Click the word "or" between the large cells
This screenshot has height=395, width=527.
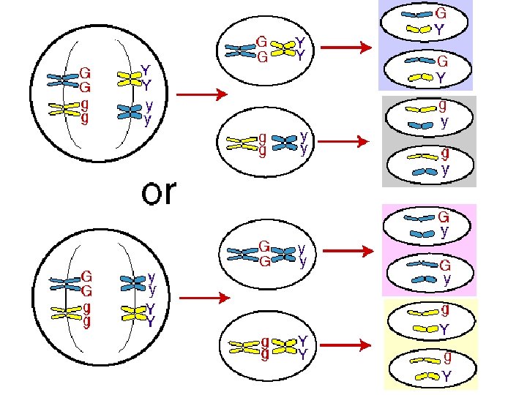pos(159,192)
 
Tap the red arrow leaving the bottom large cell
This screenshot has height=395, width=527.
pos(201,298)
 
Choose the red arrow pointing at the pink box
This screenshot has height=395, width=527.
pos(347,251)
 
